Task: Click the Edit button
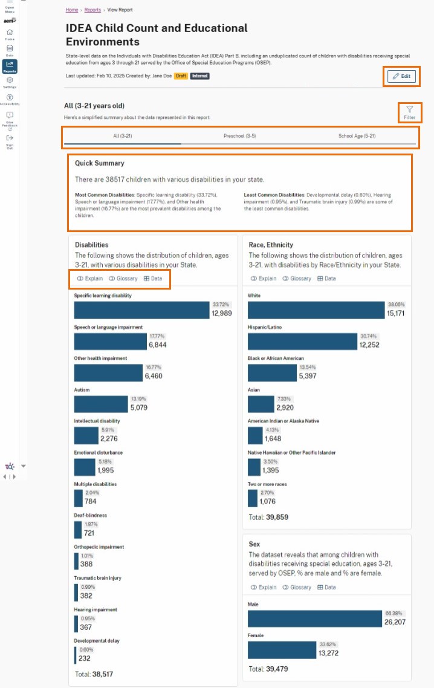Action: coord(401,76)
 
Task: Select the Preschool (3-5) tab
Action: coord(239,136)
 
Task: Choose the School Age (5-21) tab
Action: coord(357,136)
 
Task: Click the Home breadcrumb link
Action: coord(72,10)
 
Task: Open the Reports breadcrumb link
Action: coord(92,10)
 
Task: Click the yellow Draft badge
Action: coord(181,76)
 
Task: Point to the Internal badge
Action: coord(199,76)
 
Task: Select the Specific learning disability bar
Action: coord(142,310)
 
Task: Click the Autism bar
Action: coord(101,404)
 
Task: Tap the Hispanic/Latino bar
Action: coord(302,341)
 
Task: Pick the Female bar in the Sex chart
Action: coord(282,649)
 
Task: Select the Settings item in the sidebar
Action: coord(10,82)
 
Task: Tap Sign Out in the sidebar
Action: coord(10,142)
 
